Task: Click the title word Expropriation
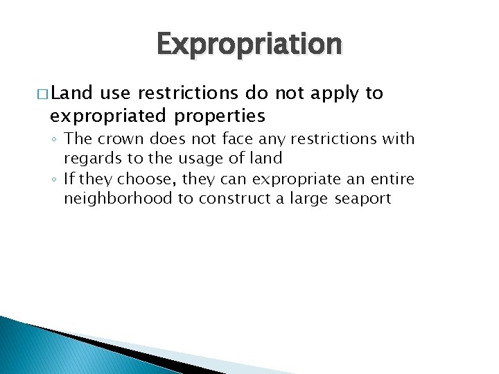pos(249,44)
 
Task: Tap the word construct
pos(252,199)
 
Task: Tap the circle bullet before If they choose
pos(54,180)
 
